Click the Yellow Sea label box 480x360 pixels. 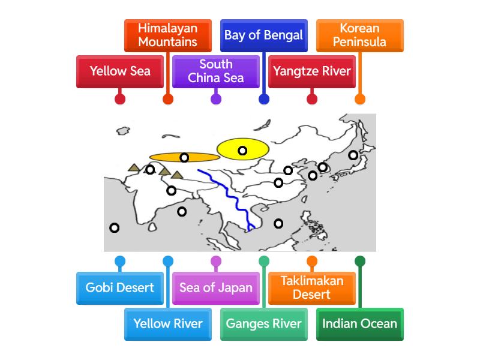120,71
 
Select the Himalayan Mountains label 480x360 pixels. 168,35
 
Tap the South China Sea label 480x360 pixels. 216,71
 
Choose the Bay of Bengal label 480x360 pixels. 264,35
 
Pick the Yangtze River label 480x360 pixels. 312,71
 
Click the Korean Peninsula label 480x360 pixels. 360,35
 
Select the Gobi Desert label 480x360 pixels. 120,287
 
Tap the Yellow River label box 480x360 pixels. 168,324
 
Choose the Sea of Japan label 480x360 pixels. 216,287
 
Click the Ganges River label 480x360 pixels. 264,324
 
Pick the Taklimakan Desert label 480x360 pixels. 312,287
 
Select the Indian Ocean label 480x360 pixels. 360,324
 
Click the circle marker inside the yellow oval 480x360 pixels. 242,151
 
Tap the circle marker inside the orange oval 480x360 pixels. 184,158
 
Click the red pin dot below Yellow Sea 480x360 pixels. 120,99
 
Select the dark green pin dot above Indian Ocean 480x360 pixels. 360,261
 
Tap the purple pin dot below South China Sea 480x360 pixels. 216,99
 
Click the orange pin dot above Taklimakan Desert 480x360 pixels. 312,261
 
